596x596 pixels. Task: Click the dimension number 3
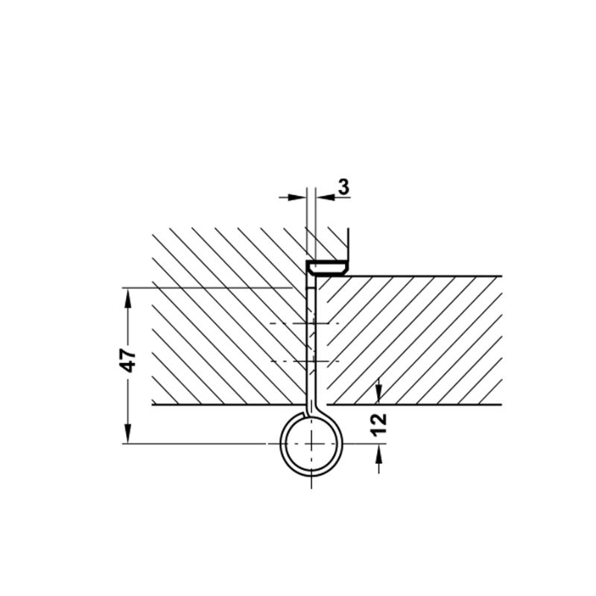(x=343, y=187)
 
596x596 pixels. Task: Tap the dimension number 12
(x=379, y=424)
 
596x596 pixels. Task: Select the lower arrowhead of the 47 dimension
(x=128, y=434)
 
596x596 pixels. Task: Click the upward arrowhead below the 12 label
(x=378, y=454)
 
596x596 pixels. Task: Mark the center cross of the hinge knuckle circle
(x=311, y=443)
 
